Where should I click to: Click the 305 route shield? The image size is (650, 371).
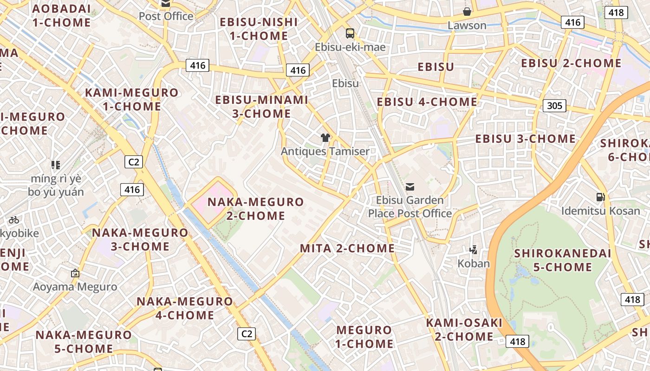point(554,106)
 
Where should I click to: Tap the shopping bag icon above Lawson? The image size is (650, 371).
point(467,12)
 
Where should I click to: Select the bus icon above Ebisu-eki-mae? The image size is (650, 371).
point(350,33)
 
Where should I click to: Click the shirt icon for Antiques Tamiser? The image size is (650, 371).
point(325,138)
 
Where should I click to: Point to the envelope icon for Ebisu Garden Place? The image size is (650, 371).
point(410,187)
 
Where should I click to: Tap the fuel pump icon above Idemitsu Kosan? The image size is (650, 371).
point(600,197)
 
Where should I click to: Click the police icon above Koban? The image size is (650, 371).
point(474,250)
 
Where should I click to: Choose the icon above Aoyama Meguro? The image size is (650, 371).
point(75,273)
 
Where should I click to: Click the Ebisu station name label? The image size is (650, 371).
point(346,83)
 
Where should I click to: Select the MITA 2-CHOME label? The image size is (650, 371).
point(347,249)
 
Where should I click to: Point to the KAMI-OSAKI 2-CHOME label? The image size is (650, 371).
point(464,329)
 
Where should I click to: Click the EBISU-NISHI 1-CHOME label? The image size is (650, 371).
point(259,29)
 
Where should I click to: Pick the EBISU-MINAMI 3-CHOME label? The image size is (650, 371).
point(262,107)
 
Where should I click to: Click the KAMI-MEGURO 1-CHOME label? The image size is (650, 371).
point(132,99)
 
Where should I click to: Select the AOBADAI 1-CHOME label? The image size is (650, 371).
point(62,15)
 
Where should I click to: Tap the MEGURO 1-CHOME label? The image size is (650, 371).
point(364,337)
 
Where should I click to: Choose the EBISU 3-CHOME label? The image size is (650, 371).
point(525,139)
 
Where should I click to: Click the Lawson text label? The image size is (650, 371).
point(467,26)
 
